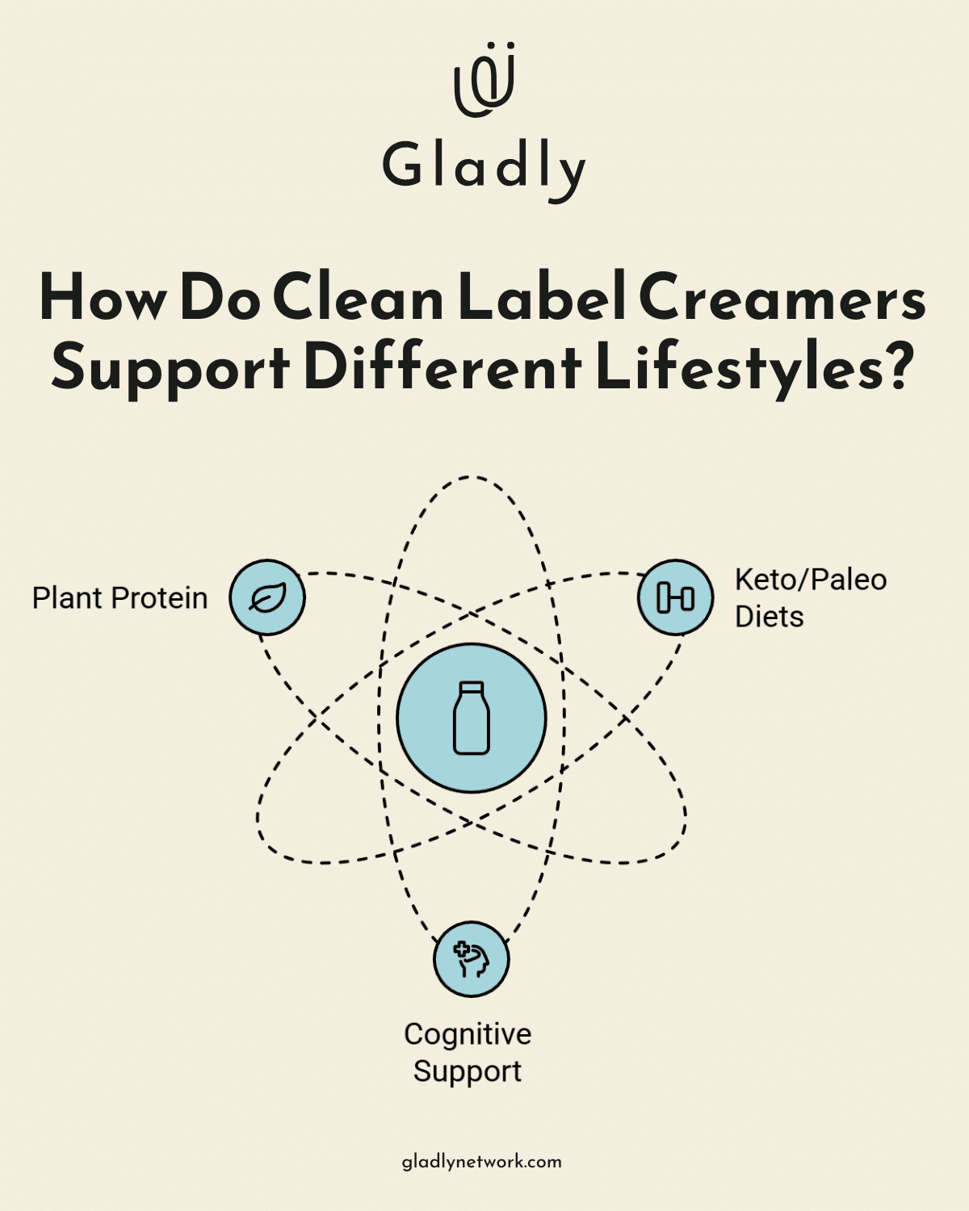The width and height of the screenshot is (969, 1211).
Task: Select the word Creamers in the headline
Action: [x=782, y=299]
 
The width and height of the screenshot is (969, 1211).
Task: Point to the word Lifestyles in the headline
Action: [x=754, y=368]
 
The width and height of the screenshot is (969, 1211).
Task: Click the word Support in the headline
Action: [x=170, y=368]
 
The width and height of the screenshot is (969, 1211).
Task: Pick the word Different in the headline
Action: [x=443, y=368]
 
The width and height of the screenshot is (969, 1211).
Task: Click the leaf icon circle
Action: [x=267, y=597]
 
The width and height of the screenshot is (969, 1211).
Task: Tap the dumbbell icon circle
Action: [x=675, y=597]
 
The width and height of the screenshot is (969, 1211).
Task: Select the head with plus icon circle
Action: [x=472, y=959]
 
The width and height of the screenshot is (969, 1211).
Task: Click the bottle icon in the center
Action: [x=472, y=718]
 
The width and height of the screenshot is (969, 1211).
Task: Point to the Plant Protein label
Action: [x=120, y=598]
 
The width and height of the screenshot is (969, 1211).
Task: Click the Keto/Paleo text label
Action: [x=810, y=580]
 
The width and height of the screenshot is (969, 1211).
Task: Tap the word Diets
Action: [x=769, y=617]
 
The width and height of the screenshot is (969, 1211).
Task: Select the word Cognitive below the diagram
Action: [x=468, y=1034]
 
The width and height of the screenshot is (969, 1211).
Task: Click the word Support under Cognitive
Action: [x=468, y=1071]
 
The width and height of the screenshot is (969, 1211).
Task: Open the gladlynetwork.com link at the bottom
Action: [x=482, y=1162]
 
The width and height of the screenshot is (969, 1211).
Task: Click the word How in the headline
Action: [x=103, y=299]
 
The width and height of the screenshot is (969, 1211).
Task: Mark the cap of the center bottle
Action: [x=472, y=688]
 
